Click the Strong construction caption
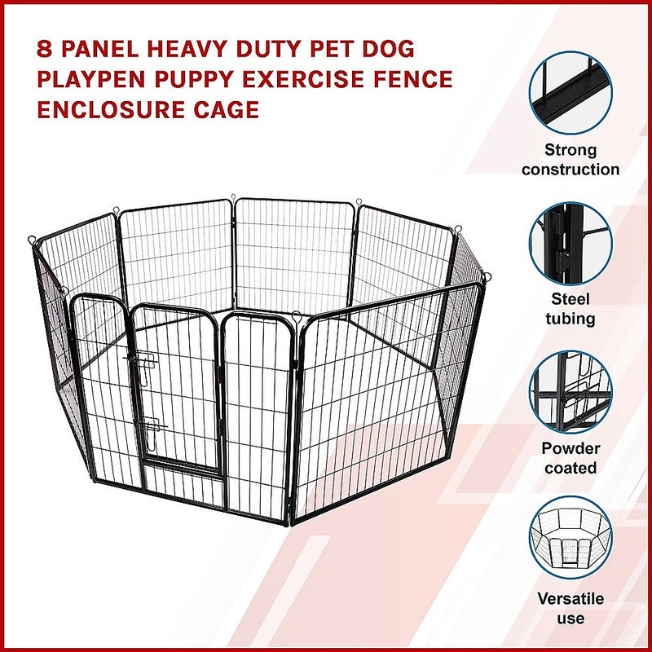click(570, 160)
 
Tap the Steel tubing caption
click(570, 308)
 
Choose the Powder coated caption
click(570, 458)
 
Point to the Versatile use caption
click(570, 608)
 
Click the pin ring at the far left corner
click(32, 240)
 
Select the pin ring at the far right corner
click(486, 277)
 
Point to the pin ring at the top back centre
click(233, 198)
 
